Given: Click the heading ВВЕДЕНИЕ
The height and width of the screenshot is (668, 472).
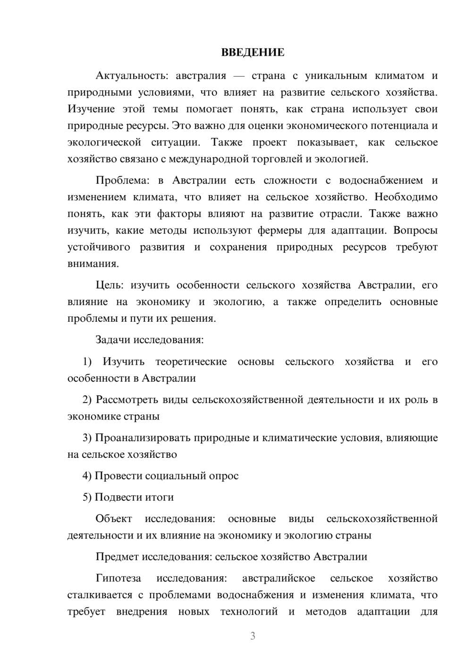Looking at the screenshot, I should tap(253, 52).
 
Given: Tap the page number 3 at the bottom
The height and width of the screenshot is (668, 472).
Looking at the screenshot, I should tap(253, 636).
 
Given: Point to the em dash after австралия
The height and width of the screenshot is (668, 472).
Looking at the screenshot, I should tap(239, 76).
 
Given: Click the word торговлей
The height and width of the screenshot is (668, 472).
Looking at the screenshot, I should tap(279, 159).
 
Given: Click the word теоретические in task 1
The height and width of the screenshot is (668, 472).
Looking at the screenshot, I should tap(191, 362).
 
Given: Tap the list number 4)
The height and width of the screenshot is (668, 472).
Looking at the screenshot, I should tap(87, 476).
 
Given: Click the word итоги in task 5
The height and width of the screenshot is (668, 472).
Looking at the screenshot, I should tap(160, 497).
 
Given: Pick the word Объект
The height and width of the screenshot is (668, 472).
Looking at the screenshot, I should tap(114, 519).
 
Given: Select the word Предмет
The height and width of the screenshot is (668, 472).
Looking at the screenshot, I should tap(117, 557).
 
